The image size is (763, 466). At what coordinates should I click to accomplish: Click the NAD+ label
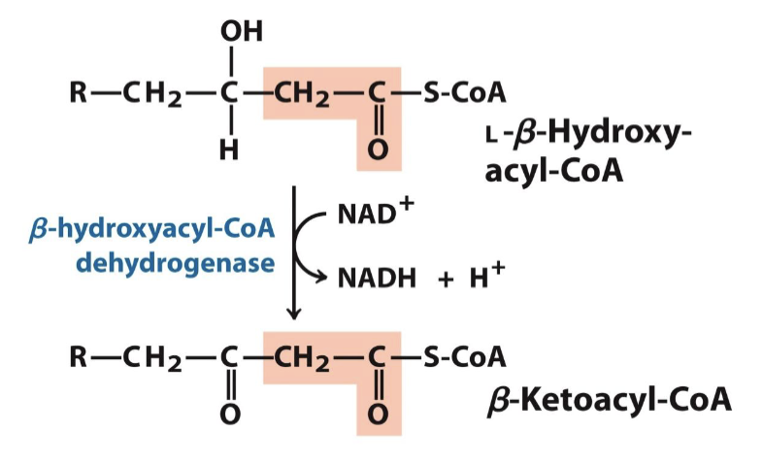pos(374,213)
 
